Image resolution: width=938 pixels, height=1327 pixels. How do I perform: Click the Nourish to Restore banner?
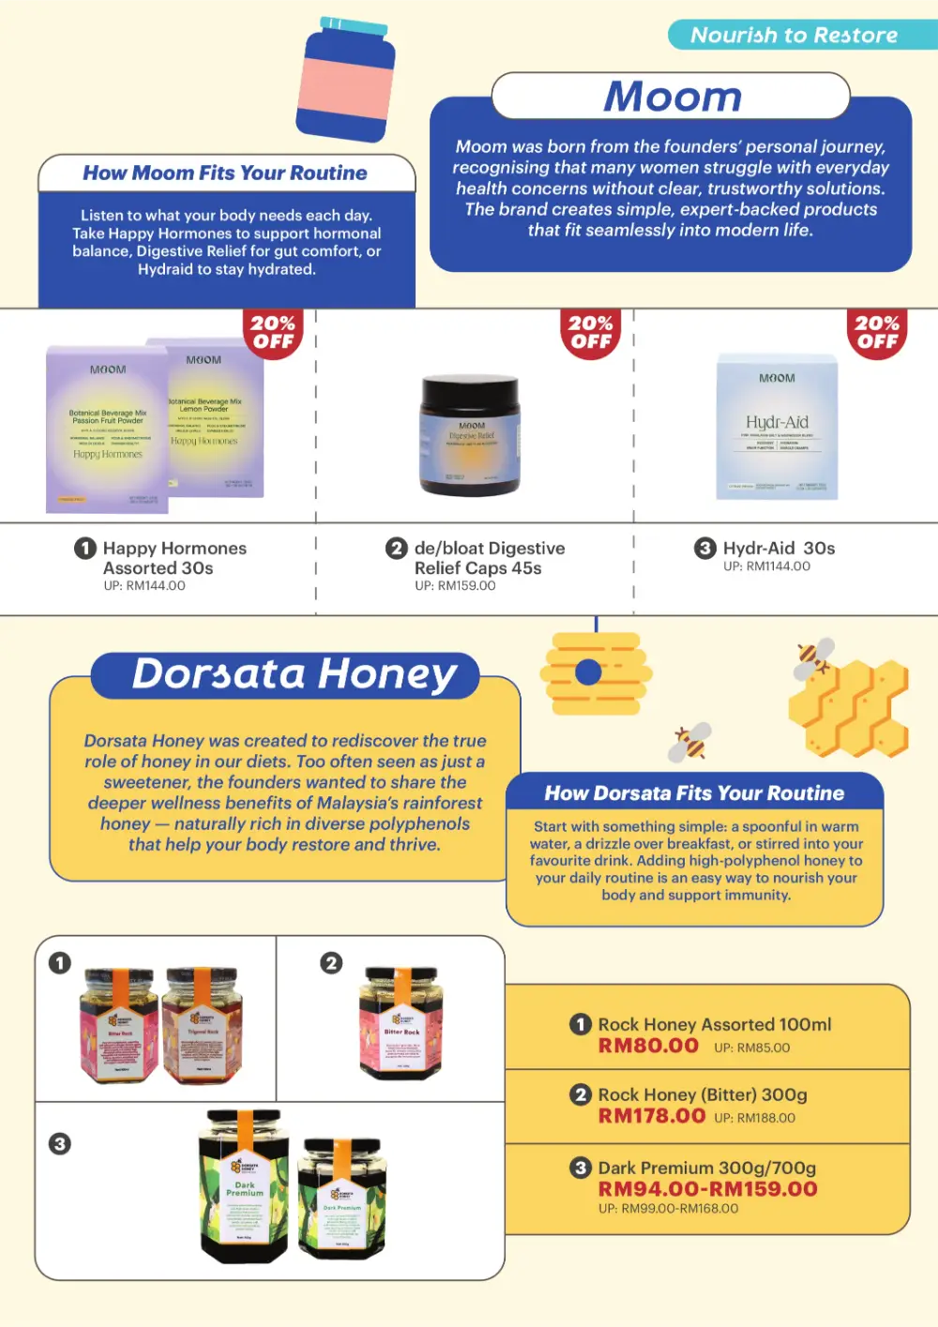click(x=794, y=36)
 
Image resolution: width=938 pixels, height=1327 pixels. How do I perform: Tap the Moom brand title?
click(x=672, y=97)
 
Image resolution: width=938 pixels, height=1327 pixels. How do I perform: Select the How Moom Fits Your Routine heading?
click(x=225, y=173)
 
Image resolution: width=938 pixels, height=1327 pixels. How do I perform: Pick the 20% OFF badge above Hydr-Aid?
click(x=877, y=332)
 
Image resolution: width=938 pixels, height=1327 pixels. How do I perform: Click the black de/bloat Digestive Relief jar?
click(x=470, y=435)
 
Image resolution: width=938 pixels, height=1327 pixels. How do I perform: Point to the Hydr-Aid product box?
click(x=777, y=427)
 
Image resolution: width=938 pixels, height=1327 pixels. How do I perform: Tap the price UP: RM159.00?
click(x=455, y=586)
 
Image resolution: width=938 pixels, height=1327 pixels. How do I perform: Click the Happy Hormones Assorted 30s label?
click(x=174, y=558)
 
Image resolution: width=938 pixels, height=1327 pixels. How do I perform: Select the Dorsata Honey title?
click(x=295, y=674)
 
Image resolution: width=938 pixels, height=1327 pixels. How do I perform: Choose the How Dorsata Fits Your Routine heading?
click(x=694, y=793)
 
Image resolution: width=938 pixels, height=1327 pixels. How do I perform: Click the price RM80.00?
click(x=648, y=1046)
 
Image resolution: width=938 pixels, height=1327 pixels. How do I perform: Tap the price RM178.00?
click(x=652, y=1116)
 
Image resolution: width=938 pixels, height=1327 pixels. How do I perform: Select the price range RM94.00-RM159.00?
click(x=708, y=1189)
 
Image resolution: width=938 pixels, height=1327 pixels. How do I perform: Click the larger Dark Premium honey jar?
click(x=244, y=1185)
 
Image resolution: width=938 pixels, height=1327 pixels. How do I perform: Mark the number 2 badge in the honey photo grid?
click(x=331, y=963)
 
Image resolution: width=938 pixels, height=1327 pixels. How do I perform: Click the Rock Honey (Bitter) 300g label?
click(x=703, y=1094)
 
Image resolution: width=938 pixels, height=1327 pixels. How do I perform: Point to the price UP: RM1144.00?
click(x=766, y=566)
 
